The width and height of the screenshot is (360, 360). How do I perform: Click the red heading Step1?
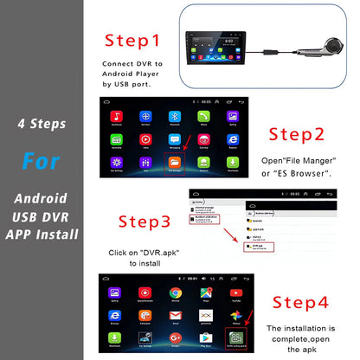point(132,41)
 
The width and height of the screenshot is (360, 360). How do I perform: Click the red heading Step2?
point(296,134)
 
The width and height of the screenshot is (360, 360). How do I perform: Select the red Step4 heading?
point(300,302)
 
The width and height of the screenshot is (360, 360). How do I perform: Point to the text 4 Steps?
point(42,124)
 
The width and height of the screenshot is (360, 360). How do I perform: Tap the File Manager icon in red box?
point(174,162)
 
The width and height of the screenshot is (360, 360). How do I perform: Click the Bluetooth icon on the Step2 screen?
point(174,116)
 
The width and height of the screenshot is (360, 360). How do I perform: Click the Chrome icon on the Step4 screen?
point(175,293)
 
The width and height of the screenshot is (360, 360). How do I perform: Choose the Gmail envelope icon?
point(205,316)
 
